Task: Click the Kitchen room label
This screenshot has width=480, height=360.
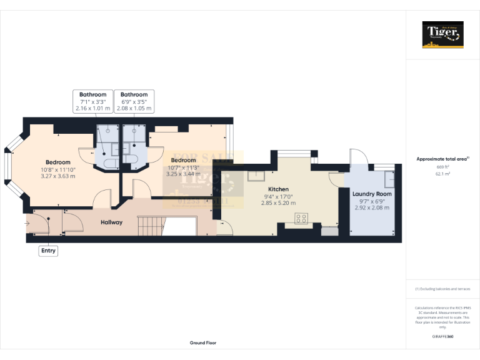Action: (x=278, y=189)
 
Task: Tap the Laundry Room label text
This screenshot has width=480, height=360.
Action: (x=372, y=194)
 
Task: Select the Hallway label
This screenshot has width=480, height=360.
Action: (x=112, y=222)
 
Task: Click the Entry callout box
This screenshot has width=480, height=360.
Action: (x=48, y=251)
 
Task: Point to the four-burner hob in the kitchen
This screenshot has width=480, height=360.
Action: (x=301, y=219)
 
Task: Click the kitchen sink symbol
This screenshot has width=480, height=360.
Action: (x=255, y=176)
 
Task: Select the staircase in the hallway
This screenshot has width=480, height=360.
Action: (x=151, y=223)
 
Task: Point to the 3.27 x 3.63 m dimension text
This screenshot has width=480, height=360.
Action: (x=58, y=176)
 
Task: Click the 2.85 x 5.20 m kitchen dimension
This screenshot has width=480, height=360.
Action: (x=278, y=203)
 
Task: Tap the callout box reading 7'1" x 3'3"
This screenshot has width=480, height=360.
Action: (x=92, y=101)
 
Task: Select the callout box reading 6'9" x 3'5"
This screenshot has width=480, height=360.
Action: (x=134, y=101)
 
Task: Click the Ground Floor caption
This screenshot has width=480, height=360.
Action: (x=203, y=343)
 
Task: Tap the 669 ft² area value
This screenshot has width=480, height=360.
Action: (x=442, y=167)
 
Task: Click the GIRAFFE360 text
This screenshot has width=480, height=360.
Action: (x=442, y=337)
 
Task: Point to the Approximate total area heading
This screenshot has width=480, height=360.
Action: (x=442, y=159)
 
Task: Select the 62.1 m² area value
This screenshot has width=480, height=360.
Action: (x=442, y=174)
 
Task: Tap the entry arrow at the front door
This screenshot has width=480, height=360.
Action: (x=28, y=222)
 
